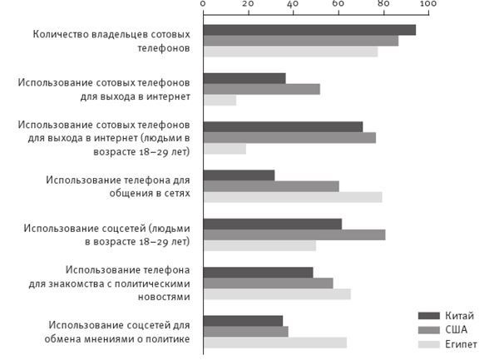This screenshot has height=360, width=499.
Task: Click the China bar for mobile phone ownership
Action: [x=309, y=30]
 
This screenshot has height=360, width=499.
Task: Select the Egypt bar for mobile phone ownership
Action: [x=290, y=52]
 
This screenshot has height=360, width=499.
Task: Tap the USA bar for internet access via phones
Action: [x=261, y=89]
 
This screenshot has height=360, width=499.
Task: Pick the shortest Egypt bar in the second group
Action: [x=220, y=101]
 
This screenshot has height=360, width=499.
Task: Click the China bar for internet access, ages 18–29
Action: [x=283, y=127]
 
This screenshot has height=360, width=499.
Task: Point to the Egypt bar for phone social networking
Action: [x=293, y=197]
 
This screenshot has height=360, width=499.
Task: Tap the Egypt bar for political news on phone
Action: [x=277, y=293]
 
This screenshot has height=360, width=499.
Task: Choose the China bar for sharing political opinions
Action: [x=243, y=321]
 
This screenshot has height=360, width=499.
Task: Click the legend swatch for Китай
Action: [x=427, y=316]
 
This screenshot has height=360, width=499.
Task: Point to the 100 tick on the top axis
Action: [x=427, y=5]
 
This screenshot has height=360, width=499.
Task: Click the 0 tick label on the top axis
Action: [x=204, y=5]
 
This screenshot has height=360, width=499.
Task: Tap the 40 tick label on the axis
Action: [x=293, y=5]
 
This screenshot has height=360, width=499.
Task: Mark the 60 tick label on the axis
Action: [x=338, y=5]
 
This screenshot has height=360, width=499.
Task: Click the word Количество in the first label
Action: [x=64, y=36]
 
